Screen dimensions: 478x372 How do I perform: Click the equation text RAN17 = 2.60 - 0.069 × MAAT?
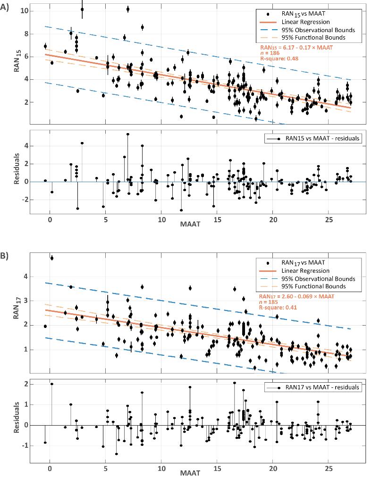[x=296, y=296]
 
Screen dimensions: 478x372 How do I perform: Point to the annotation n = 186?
[x=268, y=53]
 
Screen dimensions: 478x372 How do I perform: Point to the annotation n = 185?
[x=267, y=302]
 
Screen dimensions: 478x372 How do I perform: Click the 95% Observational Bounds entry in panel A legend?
[x=317, y=30]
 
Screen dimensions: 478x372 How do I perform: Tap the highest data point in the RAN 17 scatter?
[x=52, y=258]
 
